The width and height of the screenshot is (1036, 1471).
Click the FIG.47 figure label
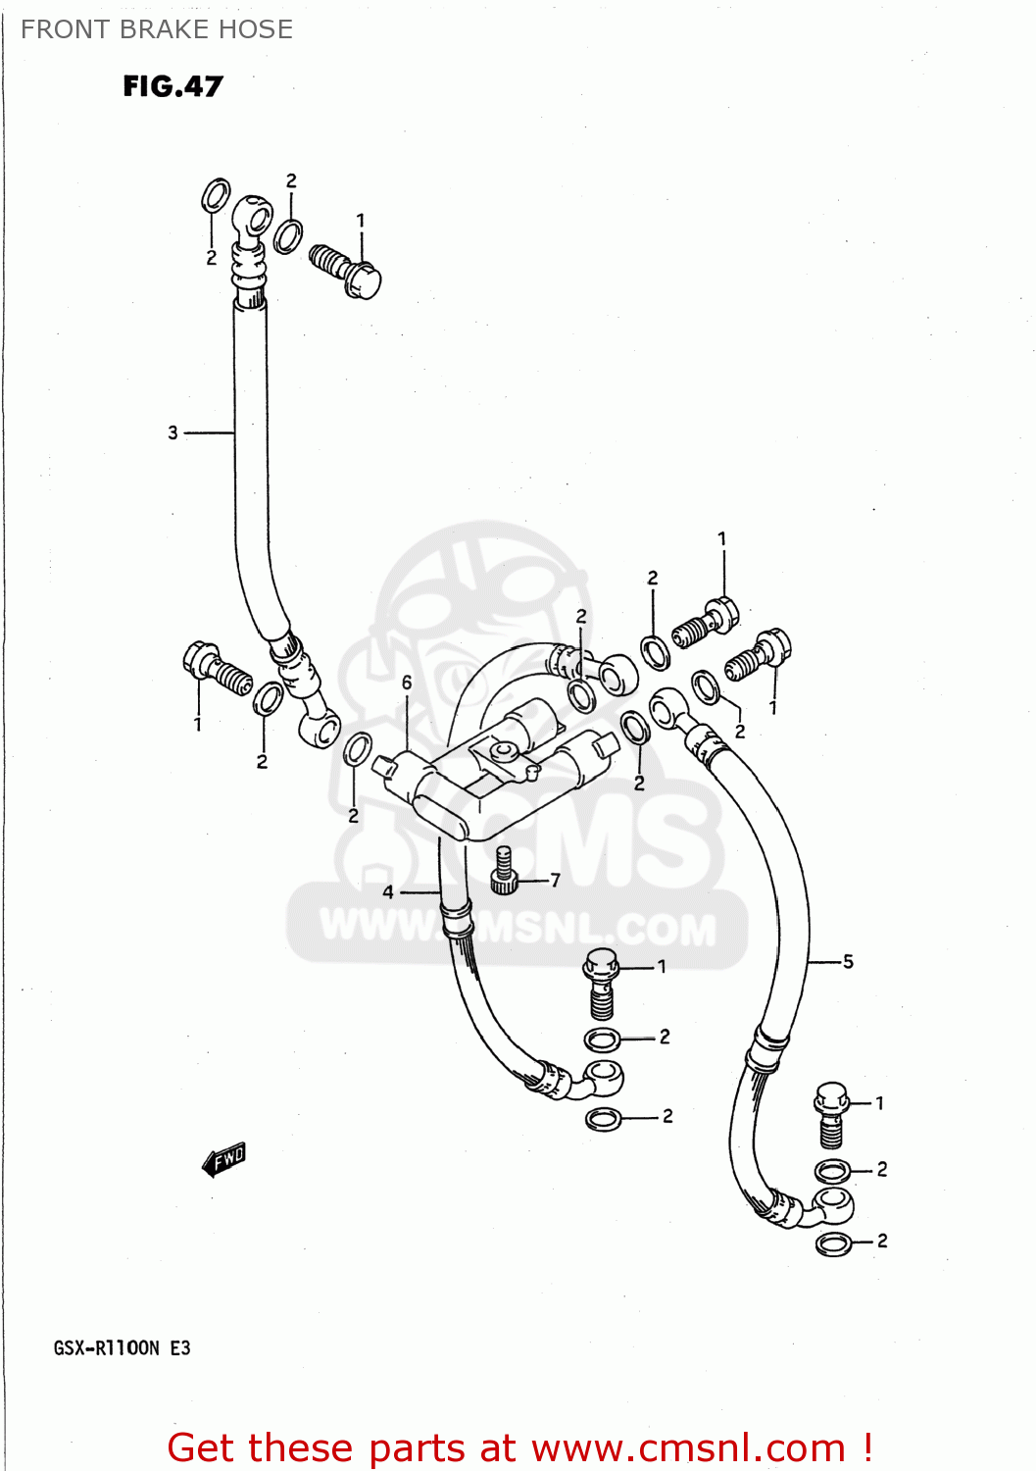coord(173,86)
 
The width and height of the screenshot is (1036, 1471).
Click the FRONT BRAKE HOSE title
coord(157,29)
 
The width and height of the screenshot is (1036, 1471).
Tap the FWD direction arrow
coord(224,1159)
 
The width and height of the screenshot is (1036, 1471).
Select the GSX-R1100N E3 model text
coord(122,1347)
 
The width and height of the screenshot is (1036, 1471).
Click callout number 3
coord(173,432)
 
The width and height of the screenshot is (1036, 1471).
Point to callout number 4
coord(388,891)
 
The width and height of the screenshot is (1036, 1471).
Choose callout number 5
coord(848,961)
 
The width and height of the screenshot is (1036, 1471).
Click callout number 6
coord(407,683)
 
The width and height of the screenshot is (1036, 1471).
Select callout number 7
coord(555,880)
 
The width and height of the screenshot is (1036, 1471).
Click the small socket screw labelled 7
coord(504,871)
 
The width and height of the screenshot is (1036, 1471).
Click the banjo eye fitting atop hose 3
coord(251,217)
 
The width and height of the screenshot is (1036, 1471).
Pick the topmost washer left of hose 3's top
coord(216,196)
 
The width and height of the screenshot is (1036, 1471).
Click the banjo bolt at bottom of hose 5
coord(830,1113)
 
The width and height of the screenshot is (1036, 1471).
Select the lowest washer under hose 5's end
coord(833,1243)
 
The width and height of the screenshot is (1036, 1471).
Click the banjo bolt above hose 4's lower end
coord(601,982)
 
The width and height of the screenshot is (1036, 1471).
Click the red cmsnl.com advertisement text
coord(519,1447)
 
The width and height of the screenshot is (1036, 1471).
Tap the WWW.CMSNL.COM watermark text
coord(518,927)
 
